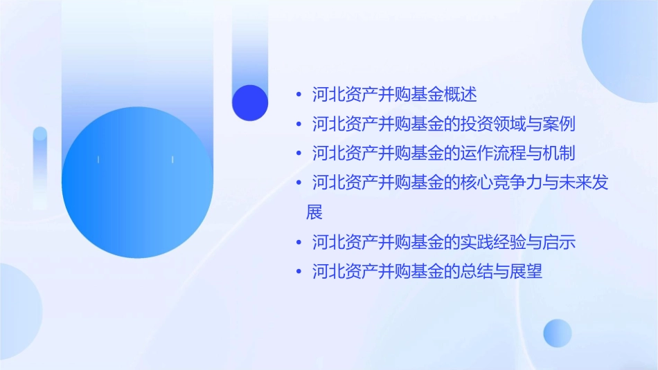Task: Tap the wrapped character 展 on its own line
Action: coord(314,212)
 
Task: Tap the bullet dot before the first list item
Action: coord(298,94)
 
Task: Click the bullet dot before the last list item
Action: coord(298,272)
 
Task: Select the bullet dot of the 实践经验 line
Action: coord(298,243)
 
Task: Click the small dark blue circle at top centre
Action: coord(250,102)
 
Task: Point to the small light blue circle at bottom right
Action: coord(558,333)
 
